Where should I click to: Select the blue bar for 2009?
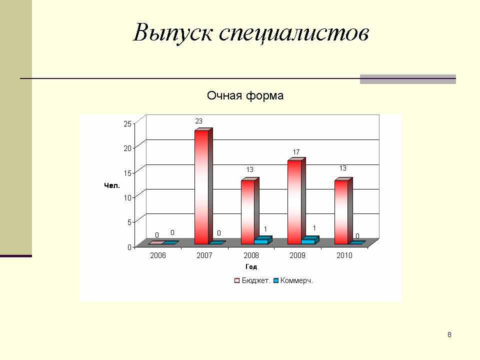[x=310, y=240]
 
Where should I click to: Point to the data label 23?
[x=198, y=121]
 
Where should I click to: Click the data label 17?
[x=296, y=152]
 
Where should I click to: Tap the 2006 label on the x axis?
[x=158, y=255]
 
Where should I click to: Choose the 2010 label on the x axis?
[x=344, y=255]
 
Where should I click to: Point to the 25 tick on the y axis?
[x=127, y=123]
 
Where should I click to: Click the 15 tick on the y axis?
[x=127, y=173]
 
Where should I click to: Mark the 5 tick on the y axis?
[x=129, y=222]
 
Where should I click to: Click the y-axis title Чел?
[x=111, y=186]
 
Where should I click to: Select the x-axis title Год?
[x=251, y=267]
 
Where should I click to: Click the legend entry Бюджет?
[x=252, y=280]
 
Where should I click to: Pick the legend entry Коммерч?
[x=293, y=280]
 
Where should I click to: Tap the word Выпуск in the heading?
[x=173, y=32]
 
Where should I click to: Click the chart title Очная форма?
[x=245, y=96]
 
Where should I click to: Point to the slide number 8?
[x=449, y=334]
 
